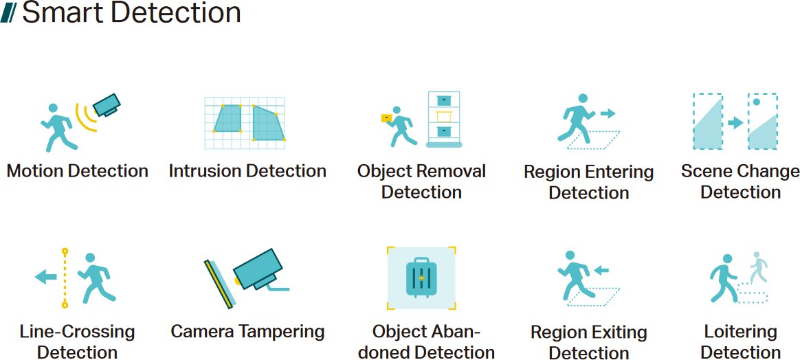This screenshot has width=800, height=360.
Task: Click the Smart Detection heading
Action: point(131,13)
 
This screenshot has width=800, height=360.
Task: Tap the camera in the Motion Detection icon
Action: point(107,105)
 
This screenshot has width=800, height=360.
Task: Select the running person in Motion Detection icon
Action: point(58,128)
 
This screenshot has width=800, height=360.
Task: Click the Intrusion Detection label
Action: point(247,171)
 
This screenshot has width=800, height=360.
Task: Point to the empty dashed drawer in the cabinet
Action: point(444,116)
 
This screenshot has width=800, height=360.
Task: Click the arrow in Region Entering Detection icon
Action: point(608,114)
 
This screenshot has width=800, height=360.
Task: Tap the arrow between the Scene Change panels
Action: point(735,122)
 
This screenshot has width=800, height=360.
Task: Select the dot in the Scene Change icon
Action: point(757,102)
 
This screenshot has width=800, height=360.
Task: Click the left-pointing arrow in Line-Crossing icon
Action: point(46,278)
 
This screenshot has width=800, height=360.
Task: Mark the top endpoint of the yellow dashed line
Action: point(65,251)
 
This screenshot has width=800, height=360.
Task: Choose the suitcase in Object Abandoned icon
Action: point(421,278)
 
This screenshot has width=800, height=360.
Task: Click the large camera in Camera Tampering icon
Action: point(258,269)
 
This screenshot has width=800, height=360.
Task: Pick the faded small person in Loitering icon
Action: point(759,267)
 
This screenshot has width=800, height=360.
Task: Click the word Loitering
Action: point(740,332)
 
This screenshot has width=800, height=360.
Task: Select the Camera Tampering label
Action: point(247,331)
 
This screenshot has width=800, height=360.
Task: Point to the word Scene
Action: point(707,171)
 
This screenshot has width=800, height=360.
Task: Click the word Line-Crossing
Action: point(78,332)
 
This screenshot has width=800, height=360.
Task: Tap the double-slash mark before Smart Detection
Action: point(10,14)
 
